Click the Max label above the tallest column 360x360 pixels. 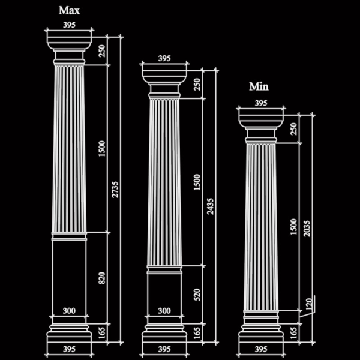click(x=70, y=11)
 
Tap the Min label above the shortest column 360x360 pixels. click(x=259, y=86)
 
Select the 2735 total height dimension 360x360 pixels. click(x=115, y=190)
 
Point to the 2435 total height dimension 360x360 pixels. click(x=210, y=206)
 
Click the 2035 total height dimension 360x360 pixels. click(x=307, y=229)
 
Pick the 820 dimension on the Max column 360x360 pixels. click(x=102, y=278)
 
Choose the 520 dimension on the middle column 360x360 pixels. click(x=197, y=295)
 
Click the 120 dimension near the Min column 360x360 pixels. click(x=309, y=304)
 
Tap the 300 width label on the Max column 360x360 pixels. click(x=69, y=311)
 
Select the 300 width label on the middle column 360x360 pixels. click(x=164, y=311)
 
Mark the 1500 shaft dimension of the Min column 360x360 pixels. click(x=293, y=227)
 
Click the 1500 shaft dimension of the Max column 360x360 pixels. click(x=102, y=149)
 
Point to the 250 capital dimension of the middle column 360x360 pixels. click(x=197, y=85)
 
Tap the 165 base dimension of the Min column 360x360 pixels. click(x=293, y=333)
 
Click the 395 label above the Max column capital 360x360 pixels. click(x=69, y=25)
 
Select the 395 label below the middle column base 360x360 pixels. click(x=164, y=349)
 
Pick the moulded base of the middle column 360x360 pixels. click(x=164, y=333)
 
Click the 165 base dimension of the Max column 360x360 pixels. click(x=102, y=333)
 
